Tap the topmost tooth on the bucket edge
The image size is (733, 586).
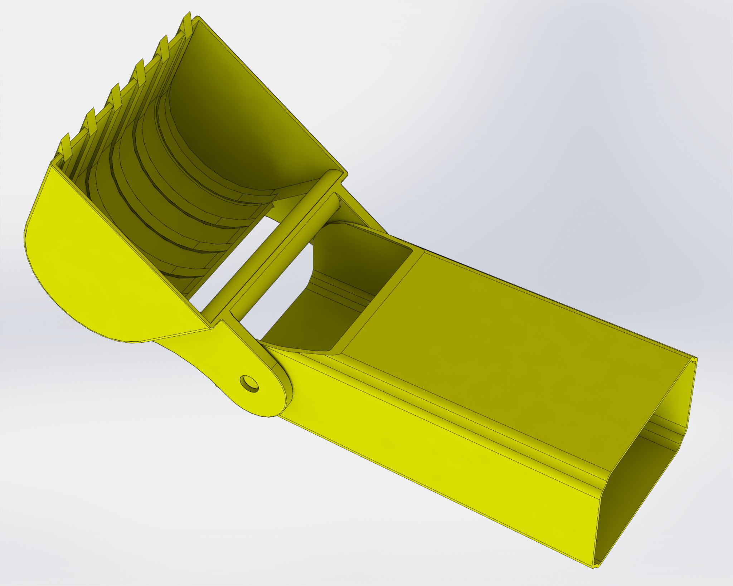tap(187, 25)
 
